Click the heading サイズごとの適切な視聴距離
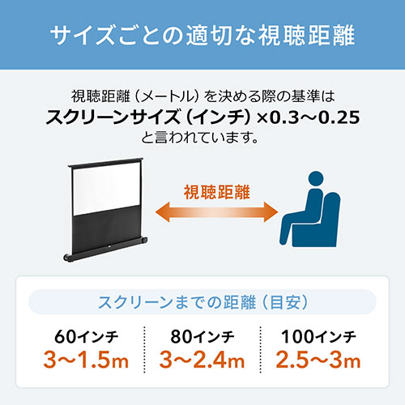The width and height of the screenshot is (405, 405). click(x=202, y=36)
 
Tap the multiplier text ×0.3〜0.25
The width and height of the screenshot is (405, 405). click(x=308, y=119)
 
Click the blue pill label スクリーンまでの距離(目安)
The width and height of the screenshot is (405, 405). click(x=202, y=303)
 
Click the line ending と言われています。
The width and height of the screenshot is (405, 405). click(x=202, y=139)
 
